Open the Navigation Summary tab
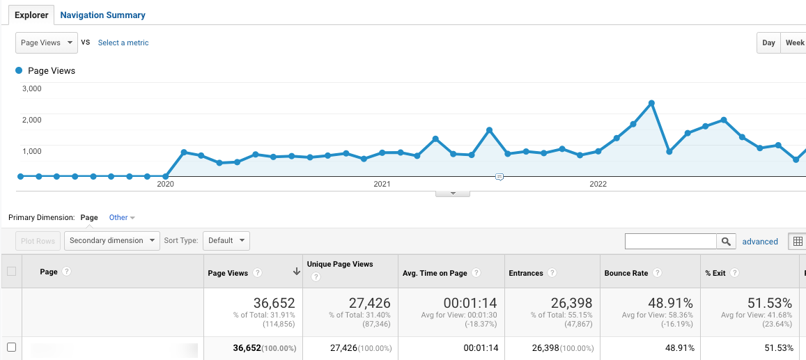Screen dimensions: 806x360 (102, 15)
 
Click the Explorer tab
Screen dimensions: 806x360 (31, 15)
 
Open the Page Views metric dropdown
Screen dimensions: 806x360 (47, 42)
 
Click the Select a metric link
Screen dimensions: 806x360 (123, 42)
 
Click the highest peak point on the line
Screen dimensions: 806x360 (651, 103)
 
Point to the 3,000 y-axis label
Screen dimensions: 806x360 (32, 88)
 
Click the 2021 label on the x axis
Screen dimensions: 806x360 (382, 184)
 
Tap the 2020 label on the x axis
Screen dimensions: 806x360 (165, 184)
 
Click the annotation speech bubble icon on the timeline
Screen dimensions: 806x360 (499, 177)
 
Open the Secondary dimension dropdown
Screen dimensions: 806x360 (112, 240)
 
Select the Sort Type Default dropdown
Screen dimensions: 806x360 (226, 240)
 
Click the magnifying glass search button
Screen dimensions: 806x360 (726, 242)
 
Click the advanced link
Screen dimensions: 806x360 (760, 242)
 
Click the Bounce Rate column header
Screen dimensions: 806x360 (625, 273)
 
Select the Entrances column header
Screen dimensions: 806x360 (526, 273)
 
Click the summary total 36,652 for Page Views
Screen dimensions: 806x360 (274, 303)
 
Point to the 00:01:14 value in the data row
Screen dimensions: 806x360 (481, 348)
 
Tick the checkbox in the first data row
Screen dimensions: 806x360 (11, 347)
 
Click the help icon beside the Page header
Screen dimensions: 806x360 (66, 272)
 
